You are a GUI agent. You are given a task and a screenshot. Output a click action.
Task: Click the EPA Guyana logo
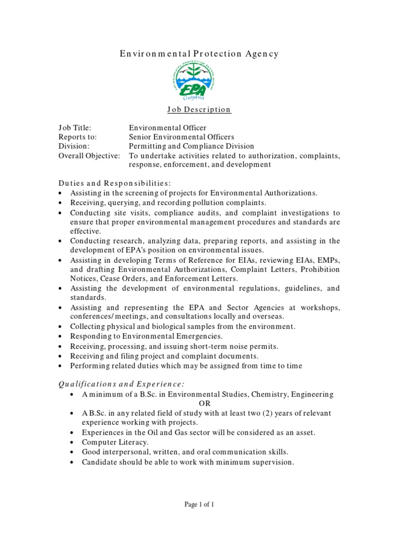pyautogui.click(x=199, y=81)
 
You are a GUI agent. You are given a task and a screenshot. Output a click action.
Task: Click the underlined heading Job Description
pyautogui.click(x=199, y=110)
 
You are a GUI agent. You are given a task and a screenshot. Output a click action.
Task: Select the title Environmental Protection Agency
pyautogui.click(x=199, y=54)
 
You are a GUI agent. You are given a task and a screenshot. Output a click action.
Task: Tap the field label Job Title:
pyautogui.click(x=75, y=128)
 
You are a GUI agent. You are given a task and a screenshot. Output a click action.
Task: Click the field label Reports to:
pyautogui.click(x=77, y=137)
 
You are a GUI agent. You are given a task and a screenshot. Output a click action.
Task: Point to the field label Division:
pyautogui.click(x=74, y=146)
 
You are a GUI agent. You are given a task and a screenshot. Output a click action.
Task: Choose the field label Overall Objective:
pyautogui.click(x=89, y=156)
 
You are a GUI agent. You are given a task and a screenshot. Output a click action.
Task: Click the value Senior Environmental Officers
pyautogui.click(x=181, y=137)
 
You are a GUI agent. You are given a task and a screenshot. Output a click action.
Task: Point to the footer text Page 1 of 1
pyautogui.click(x=199, y=504)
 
